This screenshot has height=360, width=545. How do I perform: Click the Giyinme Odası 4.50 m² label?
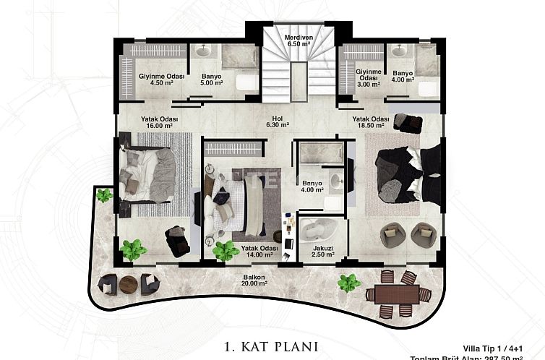(x=160, y=79)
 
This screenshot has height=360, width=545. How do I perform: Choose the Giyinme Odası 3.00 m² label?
(x=369, y=76)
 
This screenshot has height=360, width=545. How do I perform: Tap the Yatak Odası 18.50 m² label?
(x=371, y=122)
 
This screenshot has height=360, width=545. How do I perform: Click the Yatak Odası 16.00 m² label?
(x=159, y=122)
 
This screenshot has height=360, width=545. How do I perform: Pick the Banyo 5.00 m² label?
(x=211, y=79)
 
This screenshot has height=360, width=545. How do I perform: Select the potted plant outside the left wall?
(x=105, y=194)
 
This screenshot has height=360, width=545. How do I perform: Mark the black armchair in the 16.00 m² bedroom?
(x=176, y=241)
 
